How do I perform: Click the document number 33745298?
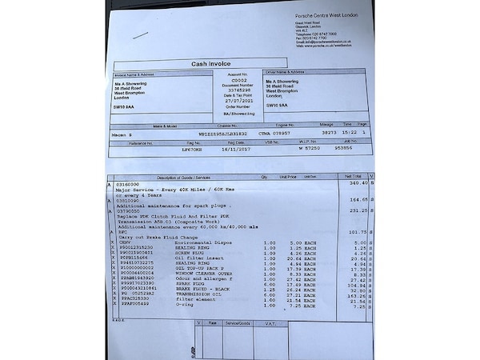click(x=240, y=90)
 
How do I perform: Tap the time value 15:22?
click(x=350, y=133)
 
